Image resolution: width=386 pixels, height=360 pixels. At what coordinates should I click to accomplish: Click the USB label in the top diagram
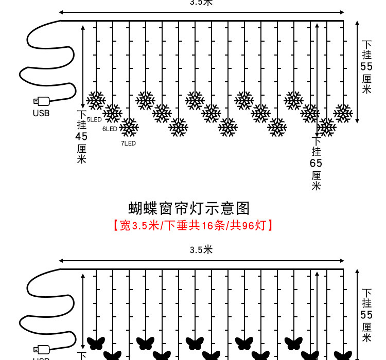pyautogui.click(x=41, y=113)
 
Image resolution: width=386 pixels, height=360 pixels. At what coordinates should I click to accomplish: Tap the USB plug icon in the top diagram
pyautogui.click(x=41, y=101)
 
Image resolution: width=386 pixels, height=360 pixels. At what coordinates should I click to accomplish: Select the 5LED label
pyautogui.click(x=94, y=119)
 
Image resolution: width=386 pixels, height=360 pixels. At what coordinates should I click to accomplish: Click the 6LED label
pyautogui.click(x=110, y=129)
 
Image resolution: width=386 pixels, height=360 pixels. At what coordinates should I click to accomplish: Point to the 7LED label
pyautogui.click(x=128, y=143)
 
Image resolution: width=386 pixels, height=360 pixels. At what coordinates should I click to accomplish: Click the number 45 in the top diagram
pyautogui.click(x=81, y=137)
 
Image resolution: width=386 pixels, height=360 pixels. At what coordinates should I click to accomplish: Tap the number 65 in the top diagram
pyautogui.click(x=316, y=163)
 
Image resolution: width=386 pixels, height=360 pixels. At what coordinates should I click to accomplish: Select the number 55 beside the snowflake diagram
pyautogui.click(x=366, y=67)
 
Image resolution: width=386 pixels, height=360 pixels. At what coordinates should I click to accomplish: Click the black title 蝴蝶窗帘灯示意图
pyautogui.click(x=189, y=208)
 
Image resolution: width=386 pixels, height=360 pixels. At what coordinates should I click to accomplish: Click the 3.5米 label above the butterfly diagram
pyautogui.click(x=201, y=250)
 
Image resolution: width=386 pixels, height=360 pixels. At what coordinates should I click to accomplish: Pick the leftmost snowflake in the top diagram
pyautogui.click(x=96, y=100)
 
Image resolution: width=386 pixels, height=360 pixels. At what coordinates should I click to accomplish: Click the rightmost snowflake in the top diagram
pyautogui.click(x=343, y=113)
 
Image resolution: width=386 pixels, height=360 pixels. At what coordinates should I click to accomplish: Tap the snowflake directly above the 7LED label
pyautogui.click(x=129, y=127)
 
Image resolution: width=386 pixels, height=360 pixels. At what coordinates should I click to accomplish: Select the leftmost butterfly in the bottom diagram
pyautogui.click(x=96, y=343)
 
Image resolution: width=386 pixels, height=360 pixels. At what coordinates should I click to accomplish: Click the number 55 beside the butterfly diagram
pyautogui.click(x=366, y=315)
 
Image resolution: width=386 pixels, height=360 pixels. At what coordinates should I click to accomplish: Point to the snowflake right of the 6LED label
pyautogui.click(x=129, y=127)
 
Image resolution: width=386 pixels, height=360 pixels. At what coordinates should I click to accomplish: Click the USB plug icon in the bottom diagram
pyautogui.click(x=41, y=350)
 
